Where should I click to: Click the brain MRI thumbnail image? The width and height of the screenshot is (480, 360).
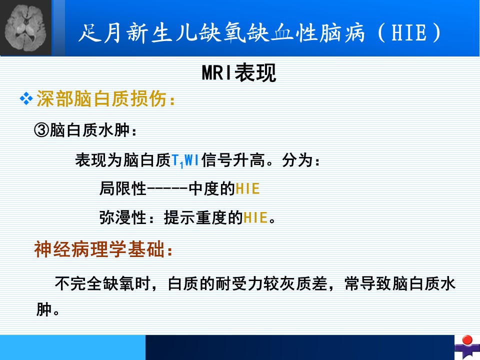pos(25,28)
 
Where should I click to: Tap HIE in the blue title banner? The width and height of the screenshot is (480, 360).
pos(409,32)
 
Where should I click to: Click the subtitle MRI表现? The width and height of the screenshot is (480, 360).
pos(239,73)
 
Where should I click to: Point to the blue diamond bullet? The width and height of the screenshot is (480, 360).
pos(26,98)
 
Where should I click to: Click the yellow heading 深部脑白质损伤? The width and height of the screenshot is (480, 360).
pos(101,98)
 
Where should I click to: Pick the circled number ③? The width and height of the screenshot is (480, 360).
pos(41,130)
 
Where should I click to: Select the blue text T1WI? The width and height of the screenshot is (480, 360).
pos(185,160)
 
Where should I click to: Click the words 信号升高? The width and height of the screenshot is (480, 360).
pos(233,160)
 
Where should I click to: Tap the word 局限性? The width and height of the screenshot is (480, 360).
pos(123,188)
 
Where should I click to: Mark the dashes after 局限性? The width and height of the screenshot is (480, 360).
pos(167,189)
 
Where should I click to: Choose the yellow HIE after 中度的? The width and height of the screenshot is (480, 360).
pos(247,188)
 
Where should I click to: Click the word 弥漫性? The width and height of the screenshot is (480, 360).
pos(123,217)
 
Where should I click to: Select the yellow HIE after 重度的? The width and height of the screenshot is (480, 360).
pos(255,217)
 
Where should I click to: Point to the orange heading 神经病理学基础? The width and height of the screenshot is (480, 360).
pos(99,249)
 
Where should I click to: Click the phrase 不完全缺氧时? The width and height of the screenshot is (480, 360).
pos(102,283)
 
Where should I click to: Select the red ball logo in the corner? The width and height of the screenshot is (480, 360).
pos(467,340)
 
